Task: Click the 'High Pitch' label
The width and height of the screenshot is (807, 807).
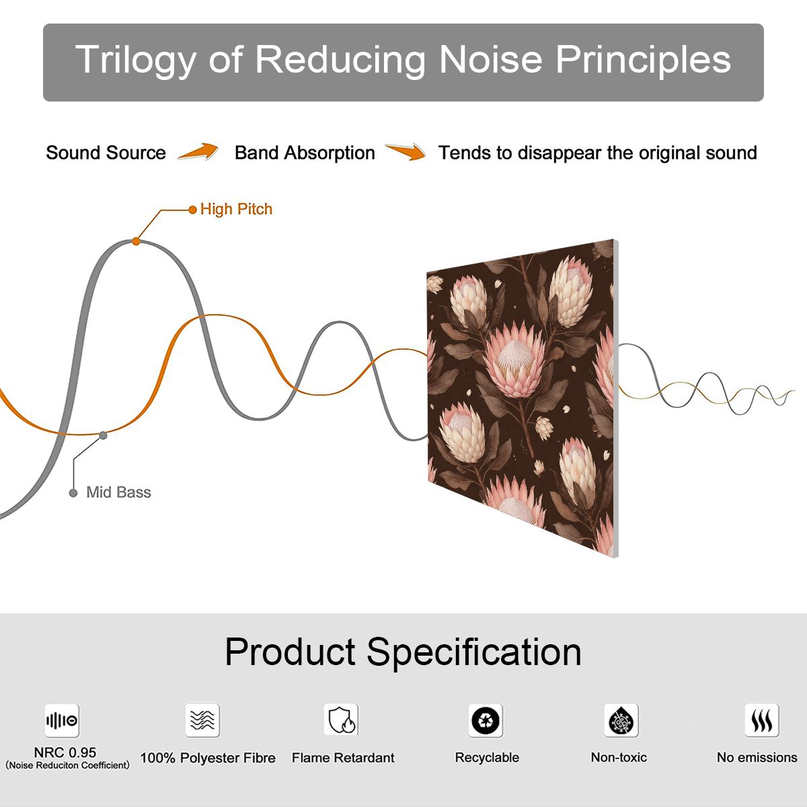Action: click(x=236, y=209)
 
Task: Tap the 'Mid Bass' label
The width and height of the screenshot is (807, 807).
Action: click(x=118, y=492)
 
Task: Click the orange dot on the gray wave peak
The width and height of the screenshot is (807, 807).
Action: click(x=136, y=241)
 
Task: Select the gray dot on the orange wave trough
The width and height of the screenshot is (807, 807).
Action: click(x=103, y=436)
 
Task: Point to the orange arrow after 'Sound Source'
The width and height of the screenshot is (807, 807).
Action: click(x=198, y=151)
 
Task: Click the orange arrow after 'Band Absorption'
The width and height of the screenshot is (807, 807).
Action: click(x=406, y=151)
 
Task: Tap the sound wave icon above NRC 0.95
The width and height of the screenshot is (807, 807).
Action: click(x=62, y=720)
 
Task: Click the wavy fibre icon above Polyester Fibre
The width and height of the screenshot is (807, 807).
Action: click(x=202, y=720)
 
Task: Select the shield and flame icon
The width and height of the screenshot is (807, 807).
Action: click(x=341, y=720)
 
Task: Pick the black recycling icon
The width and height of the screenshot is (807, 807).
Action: click(x=486, y=720)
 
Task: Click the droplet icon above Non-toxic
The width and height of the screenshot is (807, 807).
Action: click(x=621, y=720)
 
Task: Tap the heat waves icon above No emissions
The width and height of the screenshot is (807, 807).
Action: click(x=762, y=720)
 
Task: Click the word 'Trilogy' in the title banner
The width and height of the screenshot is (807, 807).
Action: click(x=136, y=60)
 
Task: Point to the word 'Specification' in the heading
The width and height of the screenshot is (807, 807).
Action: click(x=474, y=653)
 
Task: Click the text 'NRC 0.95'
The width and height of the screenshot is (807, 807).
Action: click(x=65, y=753)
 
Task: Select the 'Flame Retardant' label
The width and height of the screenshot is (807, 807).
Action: click(x=343, y=758)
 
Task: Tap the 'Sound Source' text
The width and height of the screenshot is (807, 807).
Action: click(x=106, y=153)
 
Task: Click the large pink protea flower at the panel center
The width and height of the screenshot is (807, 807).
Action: click(x=516, y=360)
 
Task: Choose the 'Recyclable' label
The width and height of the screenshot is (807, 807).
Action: click(x=487, y=758)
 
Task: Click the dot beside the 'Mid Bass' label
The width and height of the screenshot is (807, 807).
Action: click(x=73, y=493)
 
